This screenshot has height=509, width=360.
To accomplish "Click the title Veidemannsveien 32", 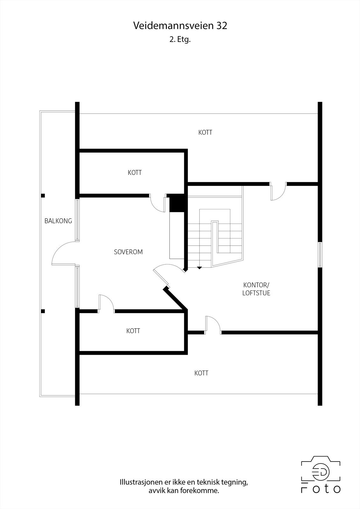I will coord(180,26).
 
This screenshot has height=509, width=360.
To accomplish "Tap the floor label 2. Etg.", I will coord(180,40).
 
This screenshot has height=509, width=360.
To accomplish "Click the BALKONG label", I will coord(58,221).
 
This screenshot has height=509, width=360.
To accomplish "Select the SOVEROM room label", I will coord(128,252).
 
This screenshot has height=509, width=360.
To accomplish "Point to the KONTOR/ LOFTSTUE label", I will coord(256,289).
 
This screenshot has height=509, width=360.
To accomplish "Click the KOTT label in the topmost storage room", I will coord(205,132).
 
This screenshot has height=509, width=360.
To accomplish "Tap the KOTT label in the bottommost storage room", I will coord(201,373).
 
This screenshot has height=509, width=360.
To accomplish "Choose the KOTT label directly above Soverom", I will coord(135,173).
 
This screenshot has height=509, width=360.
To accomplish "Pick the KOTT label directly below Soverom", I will coord(133,331).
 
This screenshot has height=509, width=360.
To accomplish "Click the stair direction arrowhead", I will coord(199,268).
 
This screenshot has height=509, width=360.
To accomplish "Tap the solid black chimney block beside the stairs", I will coord(177,203).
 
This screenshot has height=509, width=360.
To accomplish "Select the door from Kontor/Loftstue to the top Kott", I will coord(278,192).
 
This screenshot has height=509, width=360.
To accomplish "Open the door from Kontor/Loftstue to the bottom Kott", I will coord(213,324).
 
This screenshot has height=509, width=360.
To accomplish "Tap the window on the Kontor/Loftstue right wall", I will coord(320,254).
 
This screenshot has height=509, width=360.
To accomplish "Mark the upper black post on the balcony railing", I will coord(43,196).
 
